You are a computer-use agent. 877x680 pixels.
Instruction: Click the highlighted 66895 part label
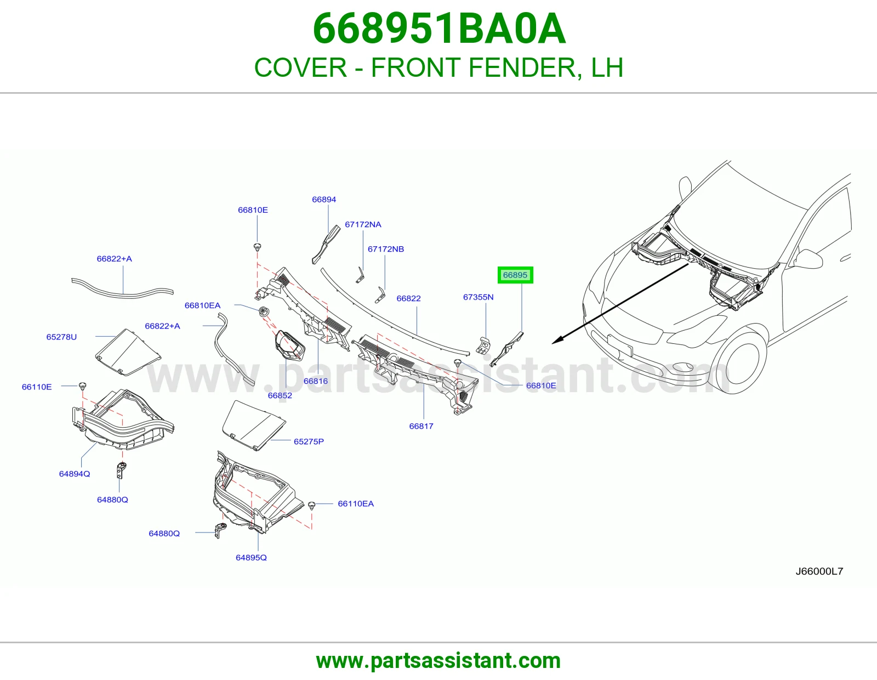515,275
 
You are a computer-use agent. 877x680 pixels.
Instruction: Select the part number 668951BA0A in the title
439,29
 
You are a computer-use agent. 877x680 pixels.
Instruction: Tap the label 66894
324,200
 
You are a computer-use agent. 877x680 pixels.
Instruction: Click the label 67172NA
363,224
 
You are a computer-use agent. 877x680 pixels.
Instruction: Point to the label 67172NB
386,249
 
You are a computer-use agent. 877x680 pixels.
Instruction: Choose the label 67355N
479,297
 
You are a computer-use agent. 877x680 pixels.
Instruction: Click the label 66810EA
203,305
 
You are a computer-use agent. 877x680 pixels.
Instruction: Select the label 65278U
61,337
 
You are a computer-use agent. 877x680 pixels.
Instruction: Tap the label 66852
280,396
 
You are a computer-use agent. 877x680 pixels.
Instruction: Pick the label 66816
316,381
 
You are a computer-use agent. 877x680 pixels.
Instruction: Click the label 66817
422,427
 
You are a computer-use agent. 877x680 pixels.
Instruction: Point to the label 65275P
309,442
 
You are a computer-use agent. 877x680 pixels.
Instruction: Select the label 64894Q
75,474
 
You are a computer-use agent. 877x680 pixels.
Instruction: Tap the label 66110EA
356,504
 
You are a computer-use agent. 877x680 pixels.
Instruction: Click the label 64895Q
252,558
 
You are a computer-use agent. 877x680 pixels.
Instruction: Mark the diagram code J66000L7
819,571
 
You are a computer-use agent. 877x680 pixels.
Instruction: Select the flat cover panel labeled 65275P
254,425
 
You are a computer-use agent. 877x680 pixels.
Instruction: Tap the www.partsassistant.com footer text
438,661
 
